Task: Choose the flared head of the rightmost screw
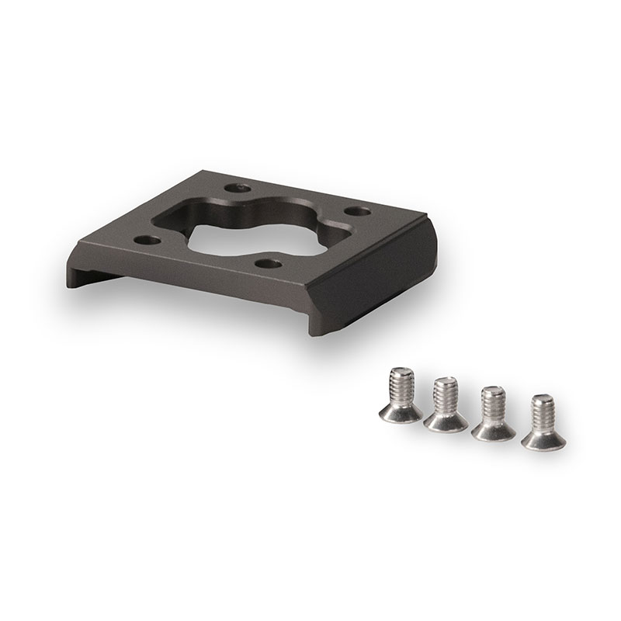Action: pyautogui.click(x=541, y=438)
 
